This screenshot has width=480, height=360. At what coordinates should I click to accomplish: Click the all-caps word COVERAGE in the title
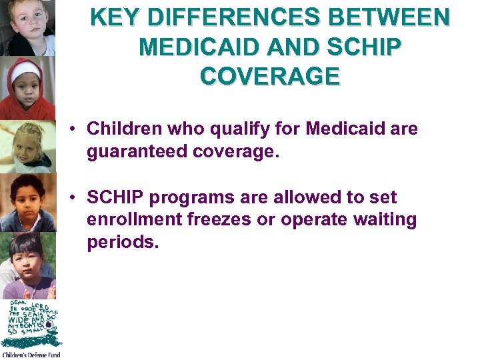pyautogui.click(x=270, y=76)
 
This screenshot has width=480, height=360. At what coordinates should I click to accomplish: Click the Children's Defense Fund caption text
pyautogui.click(x=31, y=355)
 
